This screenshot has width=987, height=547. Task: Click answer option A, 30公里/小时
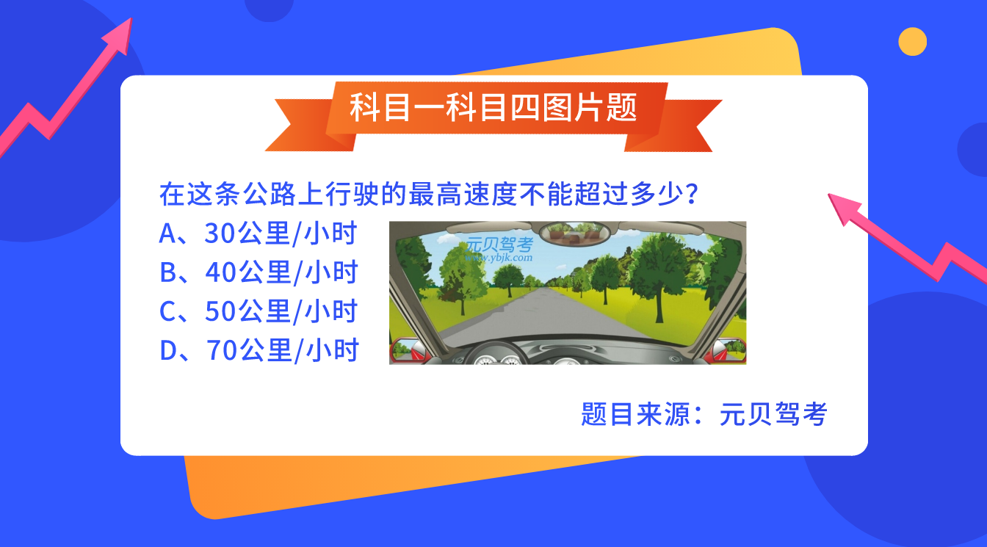pyautogui.click(x=258, y=233)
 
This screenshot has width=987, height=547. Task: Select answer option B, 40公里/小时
pyautogui.click(x=258, y=272)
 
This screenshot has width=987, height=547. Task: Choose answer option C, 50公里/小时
pyautogui.click(x=258, y=311)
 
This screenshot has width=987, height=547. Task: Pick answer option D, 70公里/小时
pyautogui.click(x=259, y=350)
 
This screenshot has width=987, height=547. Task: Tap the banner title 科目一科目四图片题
pyautogui.click(x=493, y=107)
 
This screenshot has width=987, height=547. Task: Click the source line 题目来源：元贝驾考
pyautogui.click(x=704, y=414)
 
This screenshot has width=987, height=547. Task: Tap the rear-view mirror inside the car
pyautogui.click(x=574, y=233)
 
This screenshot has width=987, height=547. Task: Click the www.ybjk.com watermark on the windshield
pyautogui.click(x=499, y=258)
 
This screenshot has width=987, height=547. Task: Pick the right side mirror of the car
pyautogui.click(x=728, y=350)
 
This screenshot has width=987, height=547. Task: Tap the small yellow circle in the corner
pyautogui.click(x=913, y=41)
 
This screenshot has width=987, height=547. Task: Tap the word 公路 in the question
pyautogui.click(x=270, y=195)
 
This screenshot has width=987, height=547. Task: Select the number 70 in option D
pyautogui.click(x=223, y=350)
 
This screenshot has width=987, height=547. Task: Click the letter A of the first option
pyautogui.click(x=168, y=233)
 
